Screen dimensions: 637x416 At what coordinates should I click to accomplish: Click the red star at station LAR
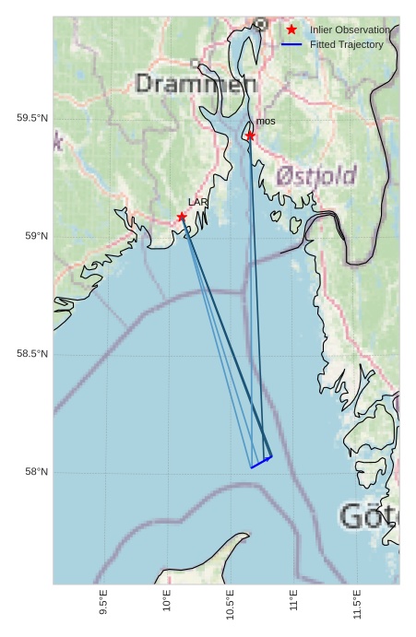point(182,217)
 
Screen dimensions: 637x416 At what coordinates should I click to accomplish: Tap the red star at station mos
point(250,136)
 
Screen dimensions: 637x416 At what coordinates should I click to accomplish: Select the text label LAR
point(198,202)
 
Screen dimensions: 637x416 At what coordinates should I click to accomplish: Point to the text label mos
point(266,122)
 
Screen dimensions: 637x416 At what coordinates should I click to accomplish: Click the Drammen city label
point(196,85)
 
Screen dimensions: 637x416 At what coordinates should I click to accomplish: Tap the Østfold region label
point(316,175)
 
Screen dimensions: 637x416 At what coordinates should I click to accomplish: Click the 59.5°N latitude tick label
point(31,119)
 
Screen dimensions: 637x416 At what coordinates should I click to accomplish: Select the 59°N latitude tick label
point(36,237)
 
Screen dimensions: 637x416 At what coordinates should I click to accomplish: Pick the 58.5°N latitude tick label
point(31,355)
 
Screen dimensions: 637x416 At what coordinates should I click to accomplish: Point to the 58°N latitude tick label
point(36,473)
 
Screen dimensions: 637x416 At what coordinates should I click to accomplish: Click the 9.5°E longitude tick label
point(103,603)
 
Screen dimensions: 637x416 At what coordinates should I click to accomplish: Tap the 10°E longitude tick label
point(167,601)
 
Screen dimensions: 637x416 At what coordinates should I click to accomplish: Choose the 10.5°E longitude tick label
point(231,603)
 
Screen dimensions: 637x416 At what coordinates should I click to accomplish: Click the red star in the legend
point(291,30)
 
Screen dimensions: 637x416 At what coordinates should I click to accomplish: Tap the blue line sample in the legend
point(291,44)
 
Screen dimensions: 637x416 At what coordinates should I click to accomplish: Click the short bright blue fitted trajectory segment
point(261,462)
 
